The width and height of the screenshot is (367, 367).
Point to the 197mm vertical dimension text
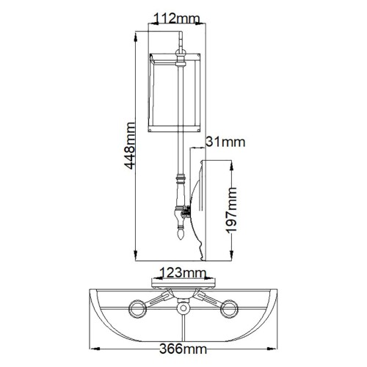[x=232, y=210]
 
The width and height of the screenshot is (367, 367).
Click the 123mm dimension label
[x=181, y=272]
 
